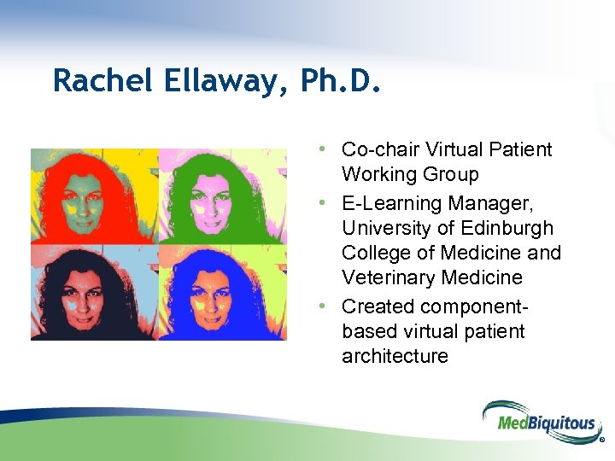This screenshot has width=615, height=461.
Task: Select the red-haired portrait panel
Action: coord(94,195)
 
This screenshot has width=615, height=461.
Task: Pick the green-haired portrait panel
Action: coord(222,195)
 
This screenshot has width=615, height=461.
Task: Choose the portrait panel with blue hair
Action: coord(222,292)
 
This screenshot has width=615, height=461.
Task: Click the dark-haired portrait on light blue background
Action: coord(94,292)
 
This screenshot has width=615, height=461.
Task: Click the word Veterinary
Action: coord(388,277)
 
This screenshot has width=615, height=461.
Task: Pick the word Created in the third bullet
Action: coord(377,306)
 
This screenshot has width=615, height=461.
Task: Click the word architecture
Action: coord(395,355)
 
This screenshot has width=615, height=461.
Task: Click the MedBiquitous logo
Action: coord(538,421)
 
